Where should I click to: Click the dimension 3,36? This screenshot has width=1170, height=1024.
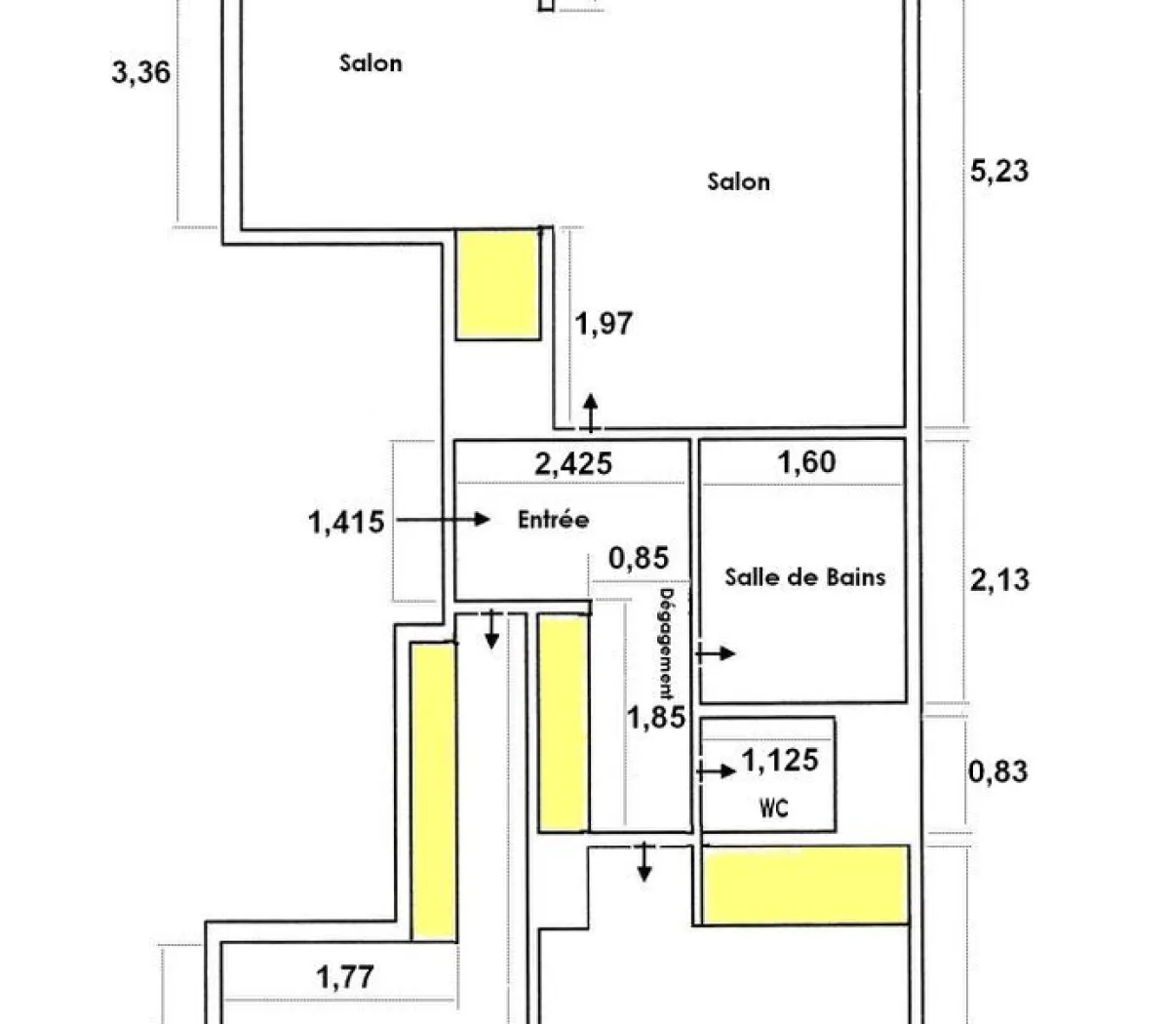click(x=141, y=72)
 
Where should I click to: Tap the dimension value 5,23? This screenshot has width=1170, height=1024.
click(x=999, y=171)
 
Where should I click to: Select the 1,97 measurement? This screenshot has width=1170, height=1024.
click(x=604, y=323)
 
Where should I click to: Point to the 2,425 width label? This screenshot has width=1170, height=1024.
click(x=573, y=462)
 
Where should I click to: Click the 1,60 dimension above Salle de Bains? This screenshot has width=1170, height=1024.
click(x=806, y=461)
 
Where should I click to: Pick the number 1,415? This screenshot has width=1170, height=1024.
click(x=346, y=522)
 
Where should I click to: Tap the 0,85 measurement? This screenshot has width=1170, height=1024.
click(x=639, y=558)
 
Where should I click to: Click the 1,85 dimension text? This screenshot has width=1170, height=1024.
click(x=655, y=718)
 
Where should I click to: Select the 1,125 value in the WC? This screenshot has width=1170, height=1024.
click(x=780, y=760)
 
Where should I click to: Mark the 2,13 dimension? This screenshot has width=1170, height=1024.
click(x=999, y=579)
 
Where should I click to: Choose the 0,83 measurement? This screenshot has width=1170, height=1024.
click(x=997, y=771)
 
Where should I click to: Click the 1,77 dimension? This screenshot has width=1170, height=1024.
click(x=346, y=976)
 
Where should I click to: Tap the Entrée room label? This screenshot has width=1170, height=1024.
click(x=553, y=520)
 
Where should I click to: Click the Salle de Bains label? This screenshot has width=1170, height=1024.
click(x=804, y=576)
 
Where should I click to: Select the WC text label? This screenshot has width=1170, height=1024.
click(x=773, y=808)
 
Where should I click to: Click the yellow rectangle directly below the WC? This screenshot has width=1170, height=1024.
click(x=805, y=885)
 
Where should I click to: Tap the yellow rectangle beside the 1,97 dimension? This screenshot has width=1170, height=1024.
click(x=498, y=285)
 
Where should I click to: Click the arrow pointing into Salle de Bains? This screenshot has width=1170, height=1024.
click(x=716, y=653)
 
